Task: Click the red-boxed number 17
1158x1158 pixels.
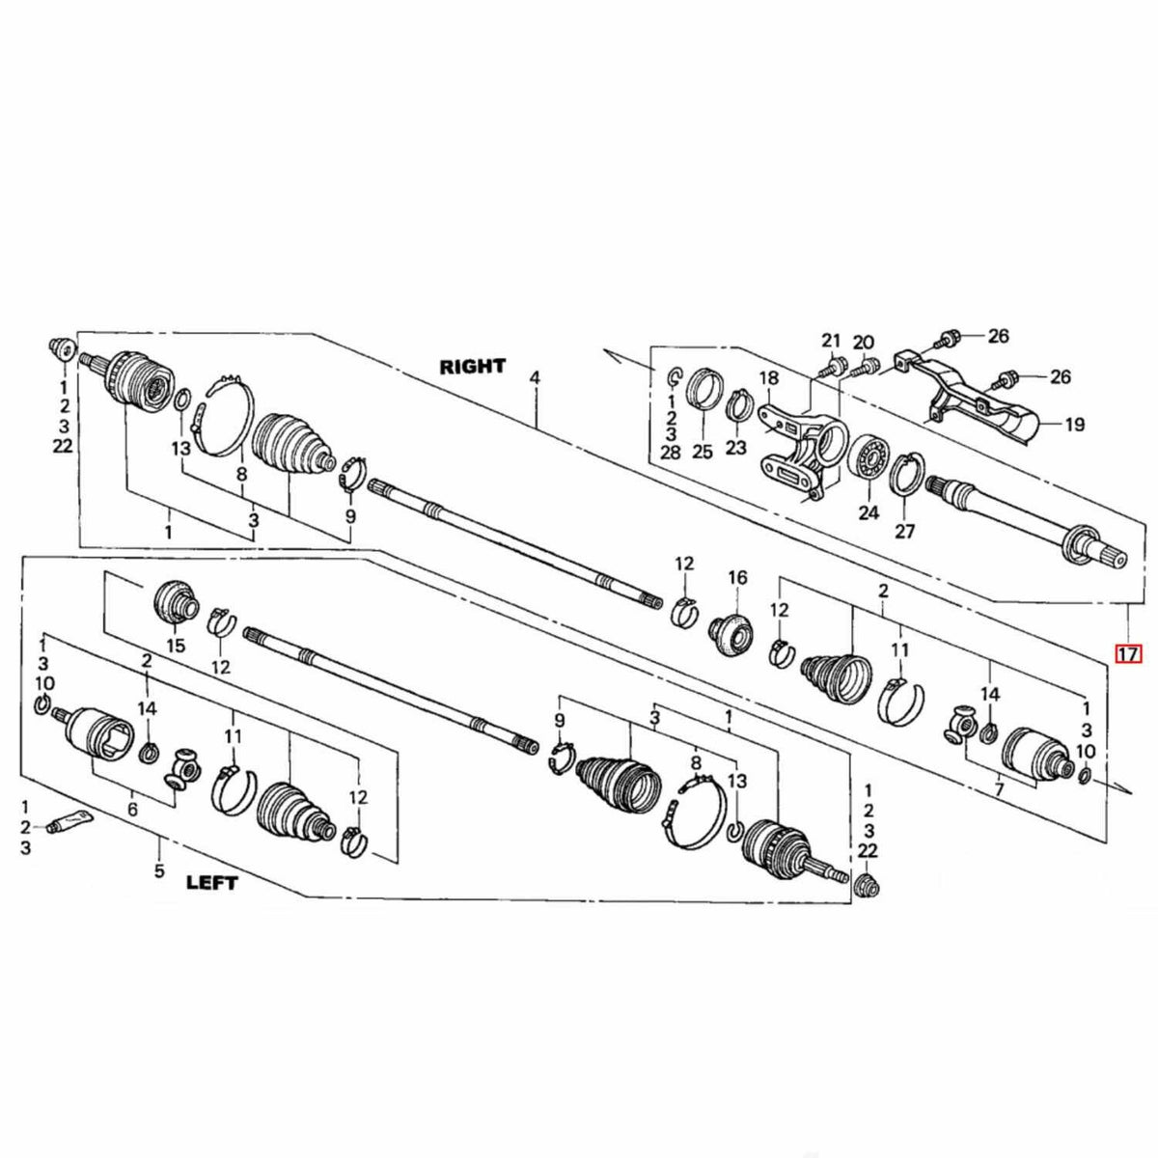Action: (1128, 653)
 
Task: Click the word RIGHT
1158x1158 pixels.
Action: (473, 366)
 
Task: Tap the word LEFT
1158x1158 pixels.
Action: (212, 883)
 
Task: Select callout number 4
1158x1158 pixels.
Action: (535, 378)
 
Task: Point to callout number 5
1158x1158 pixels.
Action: (158, 870)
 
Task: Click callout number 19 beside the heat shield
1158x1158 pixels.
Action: (1074, 425)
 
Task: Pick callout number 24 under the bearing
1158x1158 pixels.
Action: (868, 512)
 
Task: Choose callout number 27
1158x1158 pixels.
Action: (905, 531)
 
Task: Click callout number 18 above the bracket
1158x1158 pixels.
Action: (768, 378)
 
